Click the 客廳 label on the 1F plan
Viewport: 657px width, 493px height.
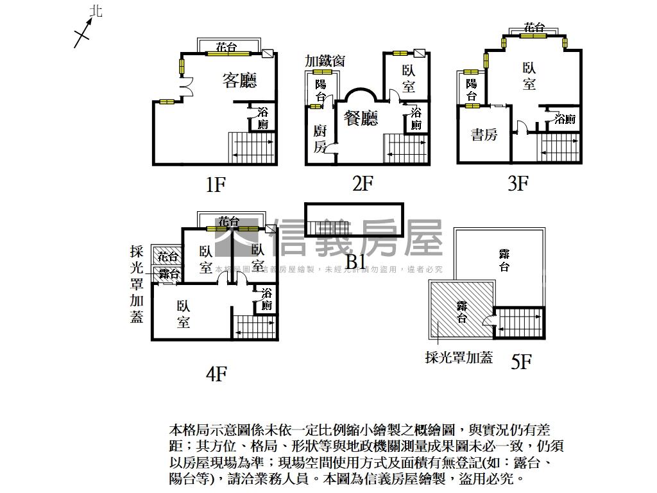coord(239,80)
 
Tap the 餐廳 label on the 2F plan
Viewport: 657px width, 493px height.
coord(361,118)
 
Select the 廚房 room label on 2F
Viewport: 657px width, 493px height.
coord(320,139)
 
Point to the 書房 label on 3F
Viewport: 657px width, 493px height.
coord(484,135)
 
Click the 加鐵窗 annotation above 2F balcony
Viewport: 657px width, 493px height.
coord(325,61)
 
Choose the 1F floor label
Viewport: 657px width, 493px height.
coord(216,185)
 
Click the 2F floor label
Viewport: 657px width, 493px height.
coord(363,184)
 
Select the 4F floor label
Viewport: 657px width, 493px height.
coord(217,373)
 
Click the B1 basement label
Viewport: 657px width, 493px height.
coord(355,261)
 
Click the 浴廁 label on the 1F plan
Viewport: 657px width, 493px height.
coord(263,118)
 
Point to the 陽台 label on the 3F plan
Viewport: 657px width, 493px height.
coord(472,90)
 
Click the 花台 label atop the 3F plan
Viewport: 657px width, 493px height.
coord(534,28)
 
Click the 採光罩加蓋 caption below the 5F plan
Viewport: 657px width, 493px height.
coord(459,358)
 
